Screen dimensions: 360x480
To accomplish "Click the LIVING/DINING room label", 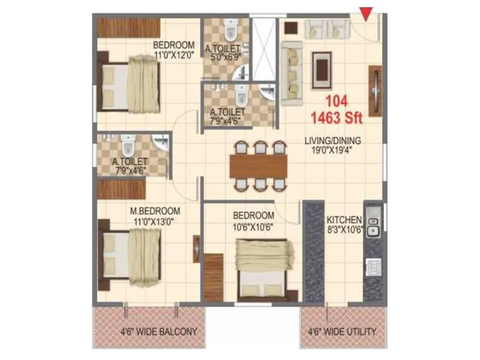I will (x=332, y=141).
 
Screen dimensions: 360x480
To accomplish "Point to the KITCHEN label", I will (x=344, y=220).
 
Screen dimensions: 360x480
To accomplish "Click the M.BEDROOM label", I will (x=156, y=210).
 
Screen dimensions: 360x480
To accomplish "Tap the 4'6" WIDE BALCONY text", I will (x=158, y=331).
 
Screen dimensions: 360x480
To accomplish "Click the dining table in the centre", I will (x=259, y=164).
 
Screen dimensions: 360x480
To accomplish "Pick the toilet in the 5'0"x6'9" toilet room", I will (x=229, y=29).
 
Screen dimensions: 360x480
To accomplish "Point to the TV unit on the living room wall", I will (x=375, y=91).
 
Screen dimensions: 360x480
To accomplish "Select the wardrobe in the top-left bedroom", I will (x=128, y=27).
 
